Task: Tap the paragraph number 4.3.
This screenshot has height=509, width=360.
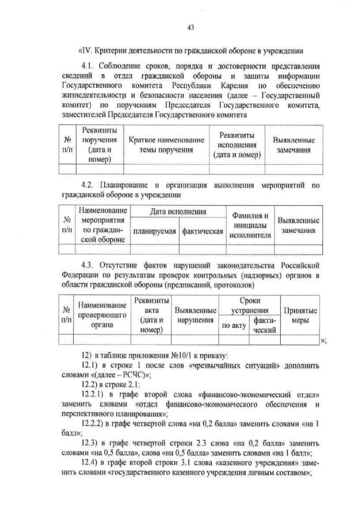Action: point(89,265)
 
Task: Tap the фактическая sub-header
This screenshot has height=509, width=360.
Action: point(202,231)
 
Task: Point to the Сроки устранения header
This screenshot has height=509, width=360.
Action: point(250,305)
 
